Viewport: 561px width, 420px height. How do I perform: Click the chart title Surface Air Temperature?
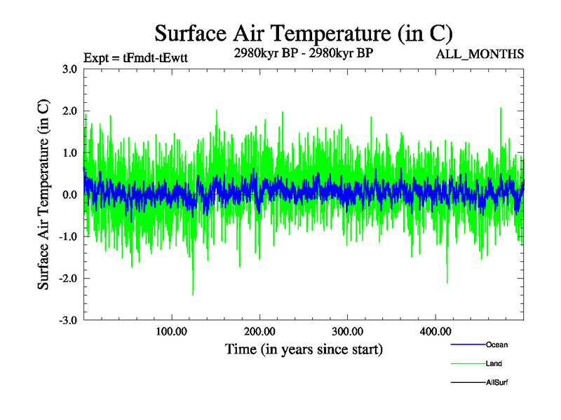(303, 34)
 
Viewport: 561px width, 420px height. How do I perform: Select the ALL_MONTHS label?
(480, 54)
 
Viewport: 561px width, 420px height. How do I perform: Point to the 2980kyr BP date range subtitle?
(303, 53)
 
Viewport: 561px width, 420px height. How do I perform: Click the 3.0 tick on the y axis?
(69, 69)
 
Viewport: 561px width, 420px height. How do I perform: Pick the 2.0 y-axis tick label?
(69, 111)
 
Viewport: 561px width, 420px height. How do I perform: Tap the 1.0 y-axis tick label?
(69, 153)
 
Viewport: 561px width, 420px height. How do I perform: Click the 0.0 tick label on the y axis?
(69, 195)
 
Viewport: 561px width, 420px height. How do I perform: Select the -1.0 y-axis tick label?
(67, 237)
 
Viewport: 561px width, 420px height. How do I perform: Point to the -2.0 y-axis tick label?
(67, 279)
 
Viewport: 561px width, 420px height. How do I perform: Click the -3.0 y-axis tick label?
(67, 321)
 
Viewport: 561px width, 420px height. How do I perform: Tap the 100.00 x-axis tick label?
(171, 331)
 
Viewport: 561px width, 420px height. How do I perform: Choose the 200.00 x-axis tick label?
(259, 331)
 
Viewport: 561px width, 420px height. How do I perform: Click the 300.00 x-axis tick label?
(347, 331)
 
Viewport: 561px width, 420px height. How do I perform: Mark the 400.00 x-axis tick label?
(435, 331)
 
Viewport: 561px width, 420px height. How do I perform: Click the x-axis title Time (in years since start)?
(304, 349)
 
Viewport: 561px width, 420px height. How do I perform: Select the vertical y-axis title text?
(43, 195)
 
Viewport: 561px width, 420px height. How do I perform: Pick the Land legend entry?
(494, 363)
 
